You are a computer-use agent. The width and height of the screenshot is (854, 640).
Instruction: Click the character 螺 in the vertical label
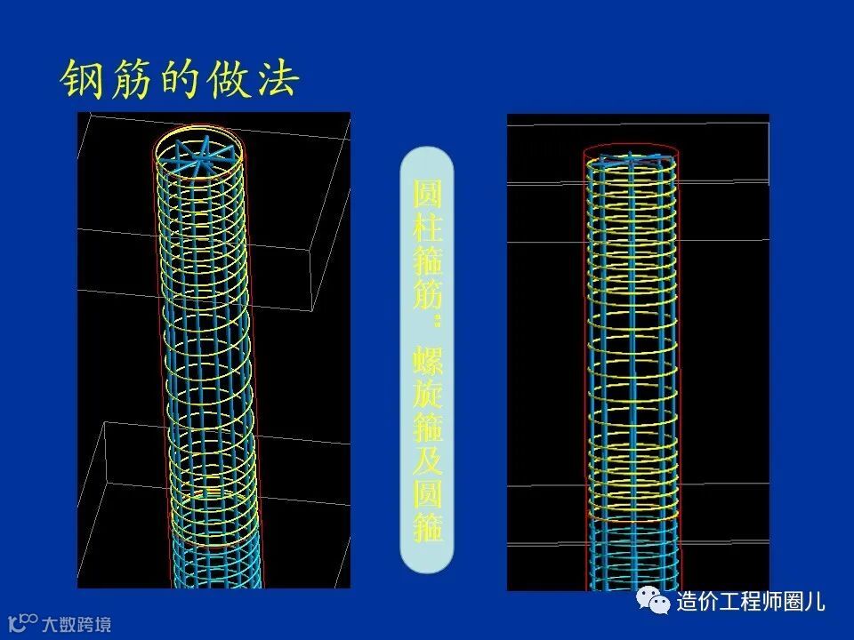[427, 363]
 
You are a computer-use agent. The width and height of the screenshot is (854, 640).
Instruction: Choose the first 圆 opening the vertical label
[427, 194]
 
